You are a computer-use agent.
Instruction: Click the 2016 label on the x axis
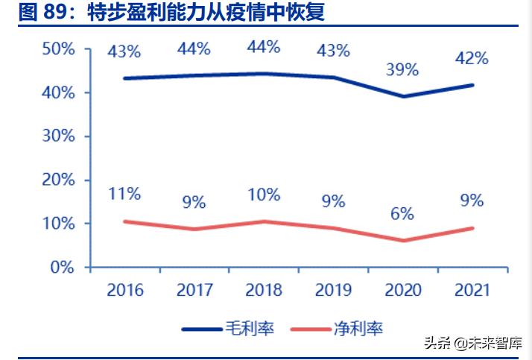click(x=124, y=291)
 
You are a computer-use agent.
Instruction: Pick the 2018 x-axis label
click(x=264, y=291)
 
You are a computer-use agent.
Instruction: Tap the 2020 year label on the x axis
click(x=402, y=291)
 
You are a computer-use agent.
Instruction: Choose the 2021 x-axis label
click(x=472, y=291)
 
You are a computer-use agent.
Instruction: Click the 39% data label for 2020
click(x=402, y=70)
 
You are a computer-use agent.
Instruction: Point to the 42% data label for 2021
click(x=472, y=58)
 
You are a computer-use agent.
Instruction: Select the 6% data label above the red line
click(x=402, y=213)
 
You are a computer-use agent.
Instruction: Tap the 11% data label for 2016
click(x=124, y=194)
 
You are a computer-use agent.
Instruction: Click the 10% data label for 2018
click(x=264, y=195)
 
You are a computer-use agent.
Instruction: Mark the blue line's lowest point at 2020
click(x=402, y=96)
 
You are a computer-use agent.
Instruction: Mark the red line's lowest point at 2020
click(x=402, y=240)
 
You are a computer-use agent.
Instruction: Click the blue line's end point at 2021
click(x=472, y=85)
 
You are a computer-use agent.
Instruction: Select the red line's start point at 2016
click(x=124, y=221)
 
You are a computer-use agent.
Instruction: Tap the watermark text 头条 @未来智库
click(x=473, y=344)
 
